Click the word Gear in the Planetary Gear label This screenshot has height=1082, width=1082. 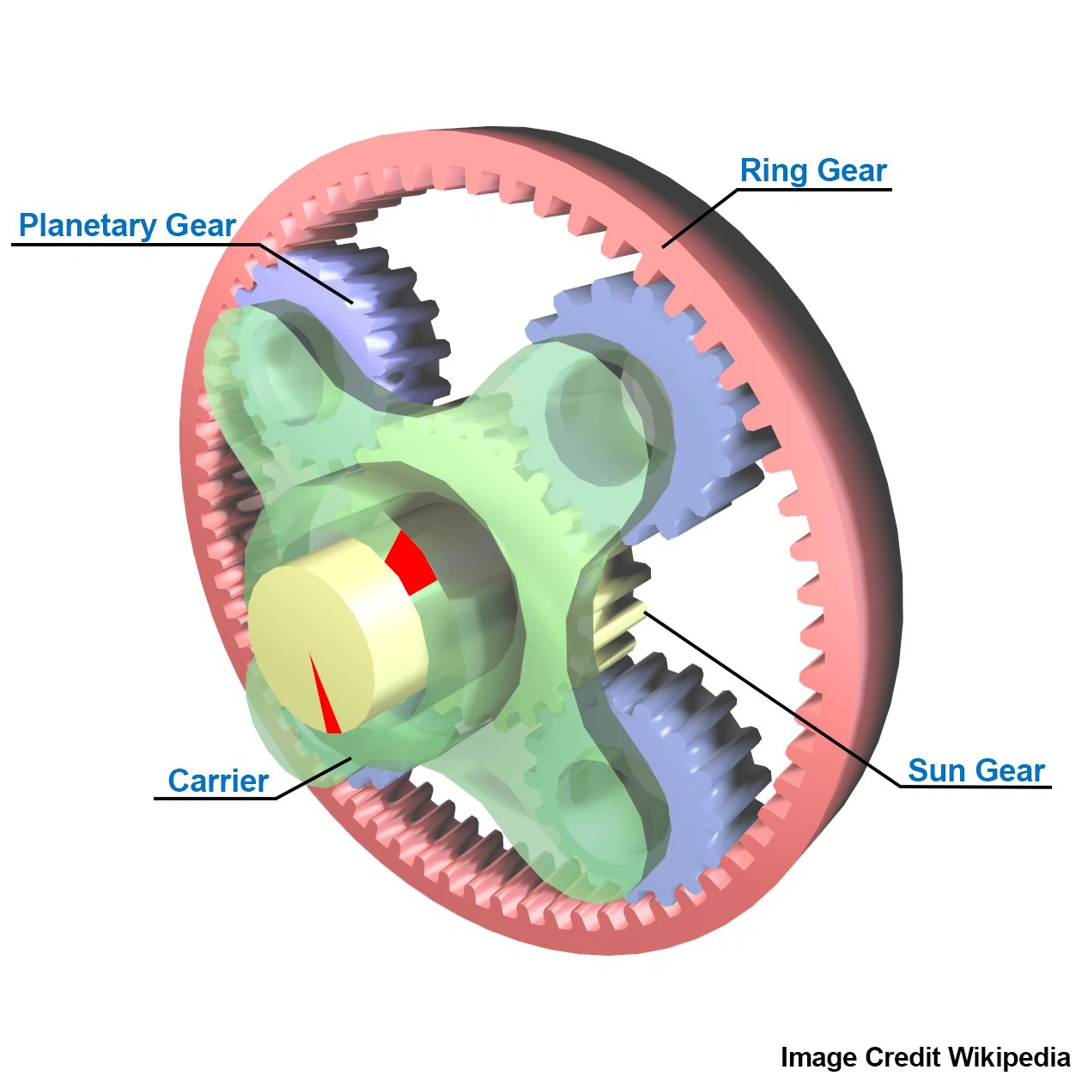point(200,225)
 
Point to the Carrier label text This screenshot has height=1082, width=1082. point(218,781)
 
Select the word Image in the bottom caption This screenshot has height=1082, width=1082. point(819,1058)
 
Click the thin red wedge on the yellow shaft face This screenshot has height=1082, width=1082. point(324,693)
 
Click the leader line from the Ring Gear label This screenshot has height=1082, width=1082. point(699,218)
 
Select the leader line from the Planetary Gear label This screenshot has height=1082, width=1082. point(307,274)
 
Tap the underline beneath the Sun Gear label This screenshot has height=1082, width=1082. point(976,787)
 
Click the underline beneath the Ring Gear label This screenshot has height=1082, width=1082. point(814,190)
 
